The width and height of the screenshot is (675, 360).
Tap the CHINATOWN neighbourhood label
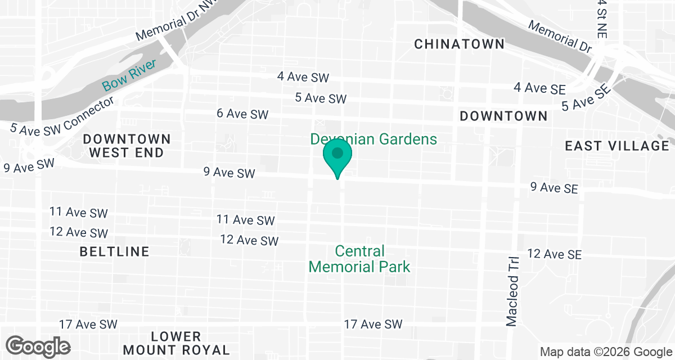459,44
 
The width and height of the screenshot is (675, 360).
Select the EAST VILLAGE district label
616,146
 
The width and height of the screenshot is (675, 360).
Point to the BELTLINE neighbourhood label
115,251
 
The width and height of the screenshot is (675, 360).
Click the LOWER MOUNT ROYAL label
176,343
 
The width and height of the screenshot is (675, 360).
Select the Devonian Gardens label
373,139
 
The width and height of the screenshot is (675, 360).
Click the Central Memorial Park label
359,259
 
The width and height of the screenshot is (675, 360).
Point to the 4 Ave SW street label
303,77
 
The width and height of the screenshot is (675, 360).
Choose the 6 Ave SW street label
242,114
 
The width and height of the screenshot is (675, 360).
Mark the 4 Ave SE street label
539,88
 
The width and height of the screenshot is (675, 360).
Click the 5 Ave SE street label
586,97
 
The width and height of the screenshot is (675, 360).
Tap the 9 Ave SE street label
554,187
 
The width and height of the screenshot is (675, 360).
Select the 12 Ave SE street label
554,254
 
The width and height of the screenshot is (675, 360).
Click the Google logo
38,346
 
